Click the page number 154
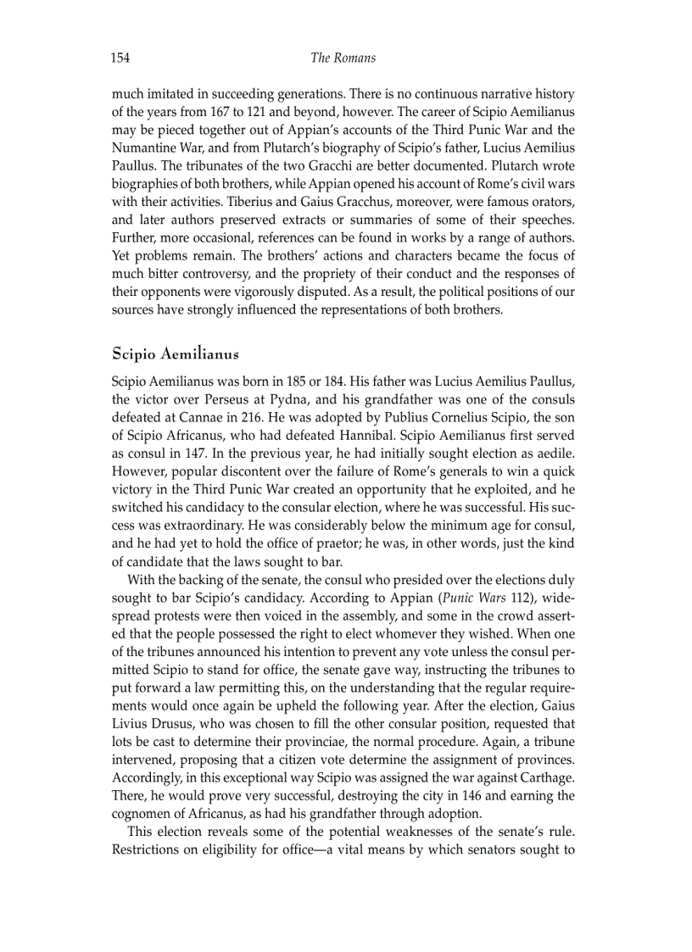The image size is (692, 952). (x=120, y=58)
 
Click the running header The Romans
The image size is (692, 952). (x=343, y=58)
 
